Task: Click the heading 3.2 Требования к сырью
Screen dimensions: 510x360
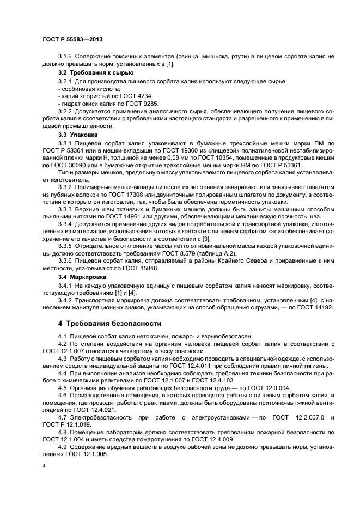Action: click(93, 72)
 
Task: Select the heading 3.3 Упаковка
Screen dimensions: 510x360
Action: click(78, 133)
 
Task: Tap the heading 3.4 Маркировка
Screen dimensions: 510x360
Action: click(83, 277)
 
